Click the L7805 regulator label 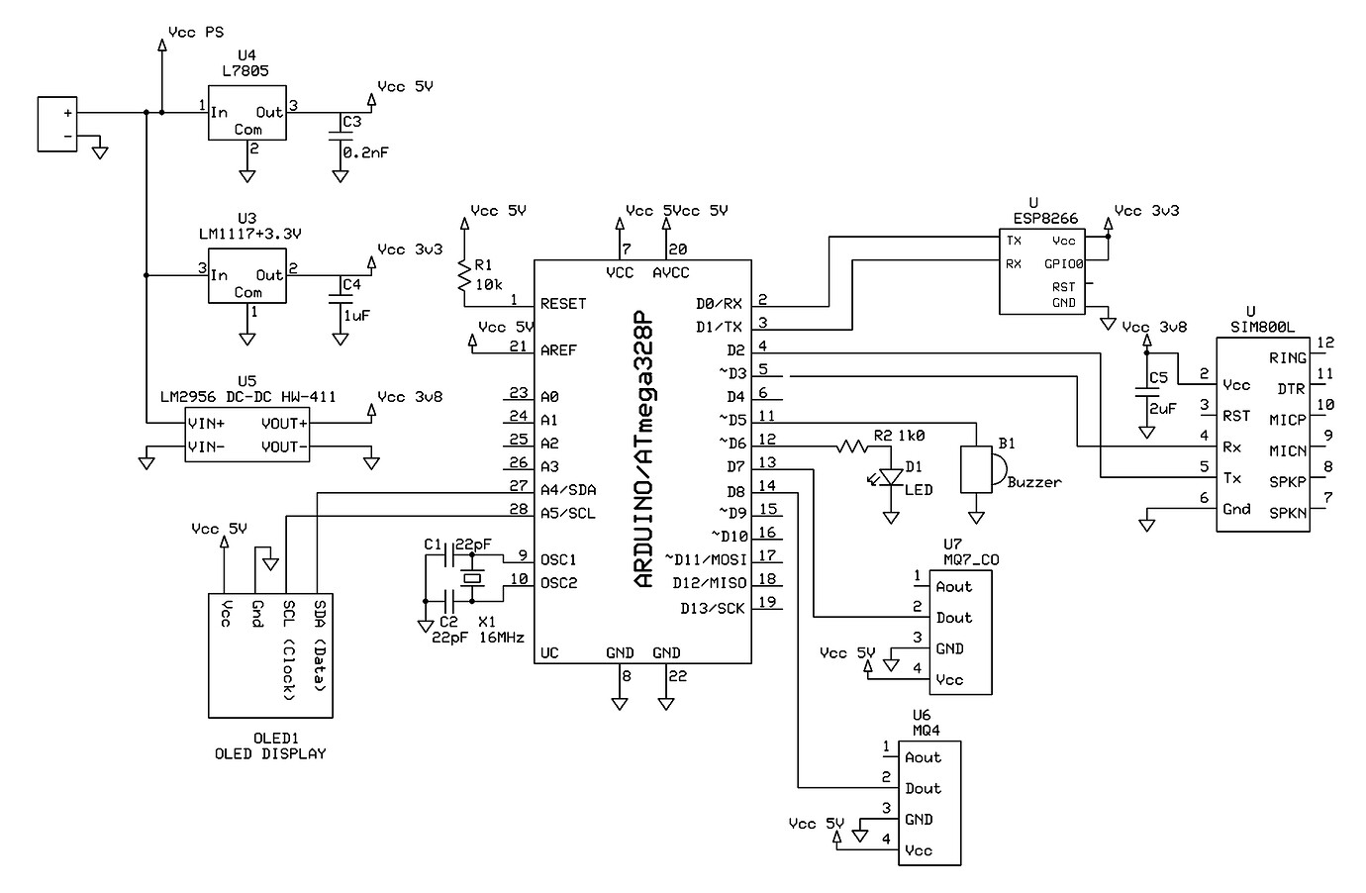(x=246, y=71)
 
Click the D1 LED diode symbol (x=891, y=478)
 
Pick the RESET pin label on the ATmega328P (x=563, y=304)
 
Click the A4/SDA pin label (x=568, y=489)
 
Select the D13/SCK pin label (x=712, y=608)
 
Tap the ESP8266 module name (x=1045, y=219)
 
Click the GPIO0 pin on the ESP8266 (x=1064, y=264)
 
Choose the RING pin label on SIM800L (x=1288, y=358)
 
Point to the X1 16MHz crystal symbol (x=473, y=578)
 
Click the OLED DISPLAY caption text (x=270, y=753)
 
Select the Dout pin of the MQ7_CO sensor (x=954, y=618)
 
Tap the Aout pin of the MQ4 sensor (x=923, y=757)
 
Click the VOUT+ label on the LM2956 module (x=284, y=424)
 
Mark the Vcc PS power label (x=196, y=32)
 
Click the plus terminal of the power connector (x=67, y=113)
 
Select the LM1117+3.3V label (x=249, y=235)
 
